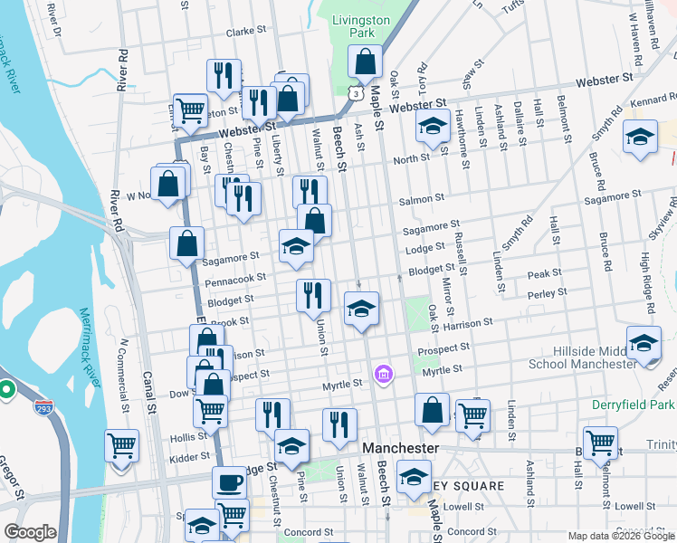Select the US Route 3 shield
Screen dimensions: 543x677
[x=358, y=93]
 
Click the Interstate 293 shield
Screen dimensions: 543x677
[x=42, y=409]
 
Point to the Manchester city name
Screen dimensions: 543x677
[x=400, y=449]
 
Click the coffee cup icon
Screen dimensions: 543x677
[x=230, y=482]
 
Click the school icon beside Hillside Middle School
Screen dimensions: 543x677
[x=644, y=345]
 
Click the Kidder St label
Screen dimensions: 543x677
[x=189, y=458]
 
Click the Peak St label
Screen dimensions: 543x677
[x=545, y=272]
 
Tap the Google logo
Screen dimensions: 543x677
[x=30, y=532]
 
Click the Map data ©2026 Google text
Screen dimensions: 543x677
[x=620, y=536]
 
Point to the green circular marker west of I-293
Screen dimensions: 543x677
[x=6, y=390]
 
